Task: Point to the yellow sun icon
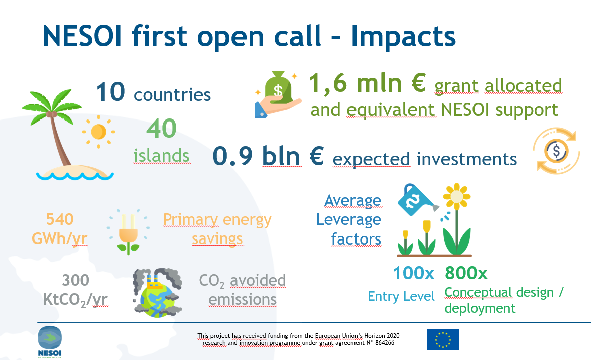[98, 132]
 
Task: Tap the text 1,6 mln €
[368, 83]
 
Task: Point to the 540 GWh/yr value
[60, 228]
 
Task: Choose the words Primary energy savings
[217, 229]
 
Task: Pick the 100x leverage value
[413, 273]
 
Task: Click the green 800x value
[466, 273]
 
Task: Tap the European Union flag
[443, 340]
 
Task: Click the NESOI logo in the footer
[50, 342]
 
